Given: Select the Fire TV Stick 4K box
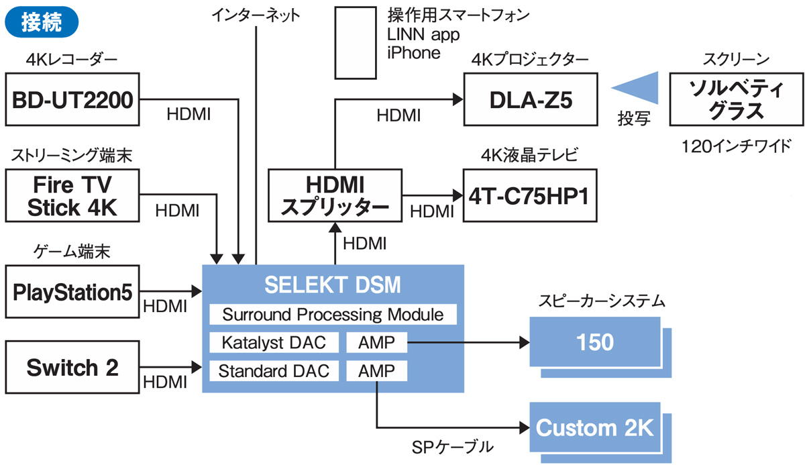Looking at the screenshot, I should pyautogui.click(x=72, y=195).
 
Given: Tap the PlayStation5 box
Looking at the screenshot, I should pyautogui.click(x=72, y=292).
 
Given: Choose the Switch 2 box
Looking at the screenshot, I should pyautogui.click(x=72, y=367).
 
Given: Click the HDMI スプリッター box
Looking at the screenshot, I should pyautogui.click(x=334, y=195).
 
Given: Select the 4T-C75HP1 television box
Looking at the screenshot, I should pyautogui.click(x=529, y=195).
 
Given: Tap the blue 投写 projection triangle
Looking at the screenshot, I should pyautogui.click(x=635, y=89).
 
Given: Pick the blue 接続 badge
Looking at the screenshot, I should pyautogui.click(x=42, y=21).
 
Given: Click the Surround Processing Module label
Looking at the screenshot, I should pyautogui.click(x=333, y=315).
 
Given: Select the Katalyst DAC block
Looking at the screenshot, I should pyautogui.click(x=272, y=343).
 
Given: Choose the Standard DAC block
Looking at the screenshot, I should pyautogui.click(x=274, y=371).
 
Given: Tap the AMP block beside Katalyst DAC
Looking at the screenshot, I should pyautogui.click(x=377, y=343).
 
